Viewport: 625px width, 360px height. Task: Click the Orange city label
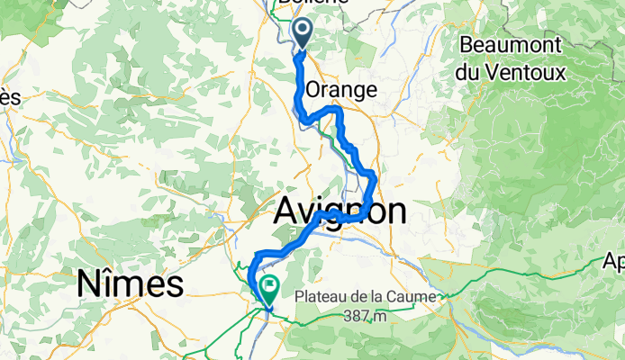point(340,91)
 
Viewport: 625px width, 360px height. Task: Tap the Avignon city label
point(339,212)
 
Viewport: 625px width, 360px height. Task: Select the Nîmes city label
point(130,285)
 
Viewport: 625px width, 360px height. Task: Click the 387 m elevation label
point(369,316)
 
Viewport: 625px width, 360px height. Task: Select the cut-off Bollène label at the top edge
point(302,4)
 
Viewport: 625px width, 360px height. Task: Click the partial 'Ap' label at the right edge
point(615,264)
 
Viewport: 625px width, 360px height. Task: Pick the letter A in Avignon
point(285,212)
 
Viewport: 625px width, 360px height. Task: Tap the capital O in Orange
point(314,91)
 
